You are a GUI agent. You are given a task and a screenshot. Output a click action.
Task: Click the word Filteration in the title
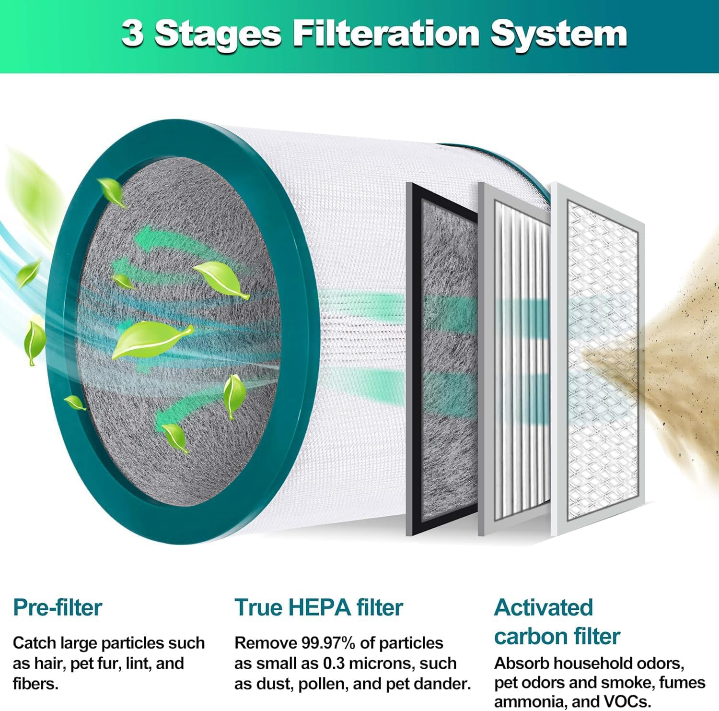coord(386,34)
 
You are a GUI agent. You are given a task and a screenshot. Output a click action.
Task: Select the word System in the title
coord(559,34)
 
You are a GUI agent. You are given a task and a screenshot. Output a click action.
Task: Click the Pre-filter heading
coord(58,607)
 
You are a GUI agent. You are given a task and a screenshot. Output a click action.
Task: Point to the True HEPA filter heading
coord(318,607)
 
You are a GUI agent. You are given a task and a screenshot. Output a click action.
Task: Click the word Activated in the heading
coord(544,607)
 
